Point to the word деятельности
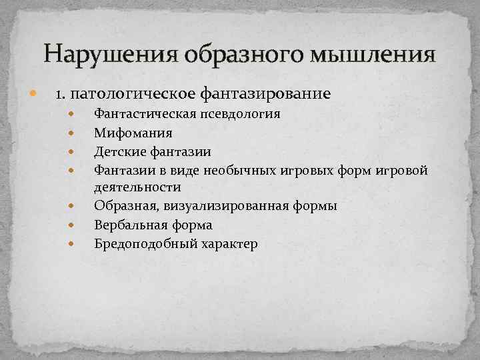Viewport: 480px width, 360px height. pos(137,187)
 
